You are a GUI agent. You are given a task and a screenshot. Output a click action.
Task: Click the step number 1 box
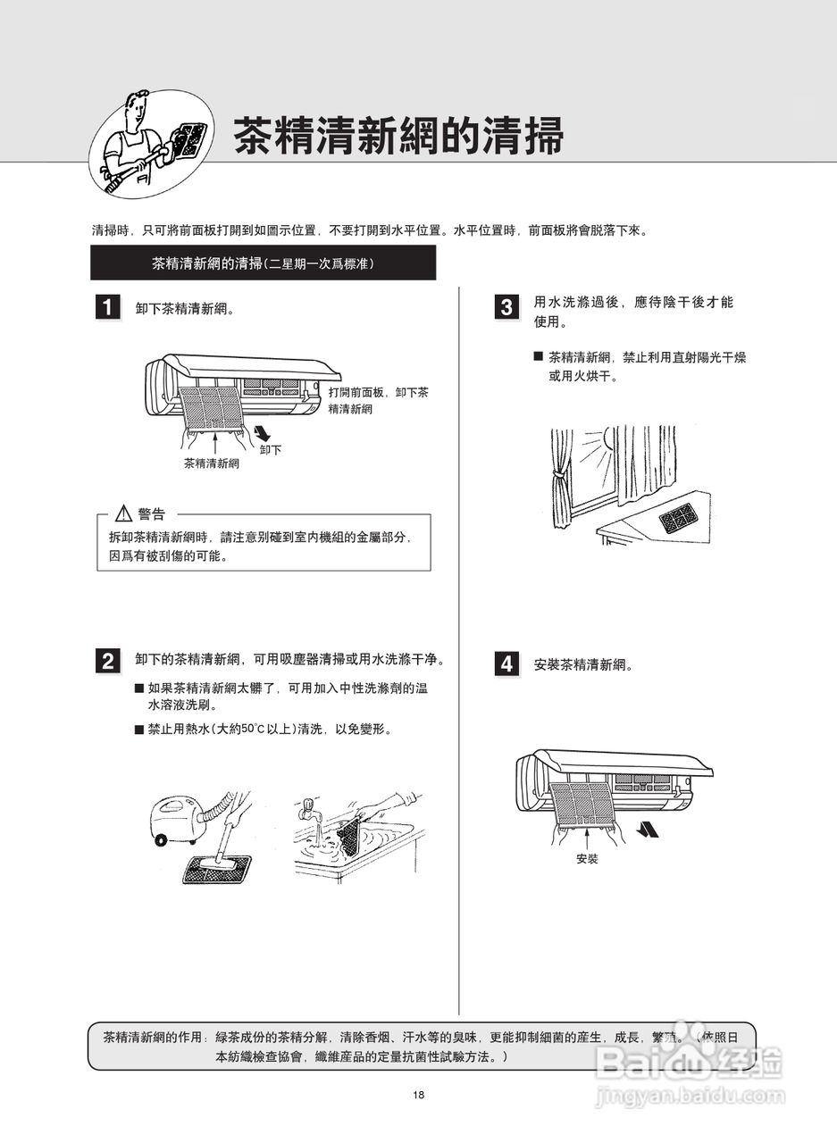(107, 308)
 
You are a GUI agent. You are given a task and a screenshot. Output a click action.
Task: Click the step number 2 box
(107, 661)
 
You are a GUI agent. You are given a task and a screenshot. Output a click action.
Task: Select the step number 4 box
(506, 664)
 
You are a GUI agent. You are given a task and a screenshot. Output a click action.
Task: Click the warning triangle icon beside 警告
(124, 513)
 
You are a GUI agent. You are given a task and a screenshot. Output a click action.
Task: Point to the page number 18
(418, 1096)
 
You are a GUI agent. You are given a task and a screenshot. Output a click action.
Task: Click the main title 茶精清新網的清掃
(398, 137)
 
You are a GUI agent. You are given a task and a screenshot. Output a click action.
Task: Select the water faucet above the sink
(307, 812)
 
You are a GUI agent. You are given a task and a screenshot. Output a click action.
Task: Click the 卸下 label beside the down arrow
(271, 450)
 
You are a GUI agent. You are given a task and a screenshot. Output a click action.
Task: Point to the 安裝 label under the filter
(587, 859)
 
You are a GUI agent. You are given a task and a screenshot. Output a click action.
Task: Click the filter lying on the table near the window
(677, 516)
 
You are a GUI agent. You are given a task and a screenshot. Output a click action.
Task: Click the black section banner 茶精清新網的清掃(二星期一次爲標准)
(264, 263)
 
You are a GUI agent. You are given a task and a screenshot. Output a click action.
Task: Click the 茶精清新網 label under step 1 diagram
(212, 463)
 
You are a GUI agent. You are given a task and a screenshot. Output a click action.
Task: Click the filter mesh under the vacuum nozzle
(214, 868)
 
